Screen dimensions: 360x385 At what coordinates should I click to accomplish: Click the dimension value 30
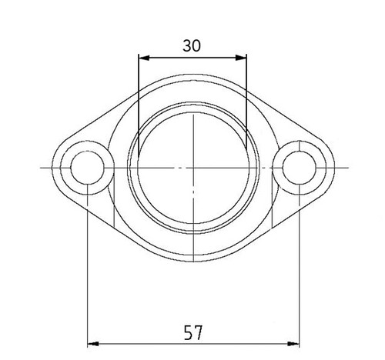[192, 45]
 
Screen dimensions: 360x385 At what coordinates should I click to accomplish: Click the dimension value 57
[193, 332]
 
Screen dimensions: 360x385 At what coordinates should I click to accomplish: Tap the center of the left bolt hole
[88, 167]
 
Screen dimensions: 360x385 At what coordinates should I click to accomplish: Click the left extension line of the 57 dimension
[88, 269]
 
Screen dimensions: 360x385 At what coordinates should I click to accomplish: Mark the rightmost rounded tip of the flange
[336, 167]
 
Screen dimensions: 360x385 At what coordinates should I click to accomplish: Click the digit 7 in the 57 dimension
[199, 332]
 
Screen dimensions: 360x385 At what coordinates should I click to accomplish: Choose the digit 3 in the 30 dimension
[187, 45]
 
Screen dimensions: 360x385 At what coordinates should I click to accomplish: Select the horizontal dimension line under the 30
[192, 56]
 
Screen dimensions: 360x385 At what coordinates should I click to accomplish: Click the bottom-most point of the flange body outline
[192, 258]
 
